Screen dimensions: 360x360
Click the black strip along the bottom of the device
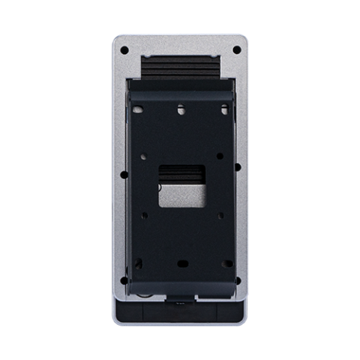180,316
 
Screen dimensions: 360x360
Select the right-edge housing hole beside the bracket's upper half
238,169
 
